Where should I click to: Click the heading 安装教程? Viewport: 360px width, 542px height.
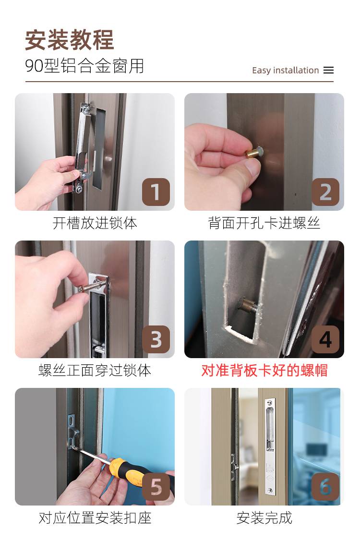[70, 40]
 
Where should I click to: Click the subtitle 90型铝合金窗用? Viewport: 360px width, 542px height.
[84, 66]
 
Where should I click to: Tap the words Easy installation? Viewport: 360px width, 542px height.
[286, 70]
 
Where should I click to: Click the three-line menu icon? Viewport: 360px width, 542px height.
[329, 70]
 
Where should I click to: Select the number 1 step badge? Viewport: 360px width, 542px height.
[156, 192]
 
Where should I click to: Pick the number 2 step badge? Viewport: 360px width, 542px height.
[325, 192]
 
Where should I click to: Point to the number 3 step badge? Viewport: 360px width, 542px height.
[156, 339]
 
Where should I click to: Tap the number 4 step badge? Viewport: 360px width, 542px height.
[325, 339]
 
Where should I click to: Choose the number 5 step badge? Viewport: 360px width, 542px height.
[156, 487]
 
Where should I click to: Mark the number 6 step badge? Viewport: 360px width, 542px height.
[325, 487]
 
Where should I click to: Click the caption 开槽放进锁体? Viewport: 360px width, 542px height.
[95, 223]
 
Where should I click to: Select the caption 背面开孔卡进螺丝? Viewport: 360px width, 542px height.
[264, 223]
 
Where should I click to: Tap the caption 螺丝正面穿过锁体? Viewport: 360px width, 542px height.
[95, 371]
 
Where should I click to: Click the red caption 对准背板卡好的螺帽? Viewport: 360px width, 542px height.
[264, 371]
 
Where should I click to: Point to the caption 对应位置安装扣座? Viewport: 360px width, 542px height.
[95, 518]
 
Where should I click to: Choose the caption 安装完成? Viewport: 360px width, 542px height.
[264, 518]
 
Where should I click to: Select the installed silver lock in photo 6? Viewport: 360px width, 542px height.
[270, 446]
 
